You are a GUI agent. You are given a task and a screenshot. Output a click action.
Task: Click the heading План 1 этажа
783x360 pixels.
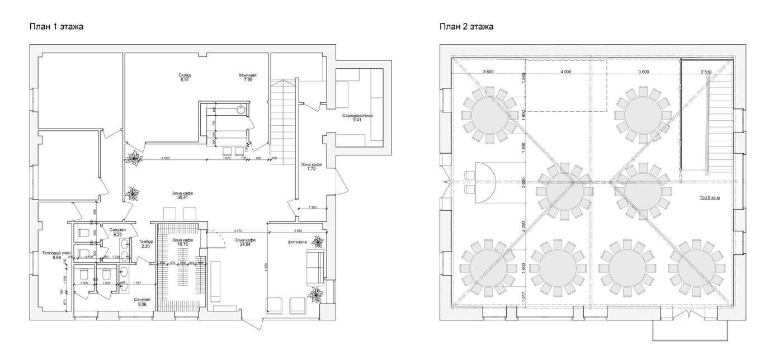[x=56, y=26]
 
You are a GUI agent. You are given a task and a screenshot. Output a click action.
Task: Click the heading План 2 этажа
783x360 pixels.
[x=466, y=26]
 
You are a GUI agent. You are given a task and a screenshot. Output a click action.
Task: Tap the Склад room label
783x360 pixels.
[x=185, y=75]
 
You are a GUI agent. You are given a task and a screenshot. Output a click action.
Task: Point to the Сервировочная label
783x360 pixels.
[x=358, y=116]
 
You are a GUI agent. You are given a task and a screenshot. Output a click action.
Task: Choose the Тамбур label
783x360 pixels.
[x=146, y=241]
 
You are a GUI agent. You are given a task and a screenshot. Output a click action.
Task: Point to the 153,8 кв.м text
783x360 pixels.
[x=710, y=197]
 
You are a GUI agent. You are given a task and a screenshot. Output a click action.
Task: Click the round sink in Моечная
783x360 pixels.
[x=241, y=110]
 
